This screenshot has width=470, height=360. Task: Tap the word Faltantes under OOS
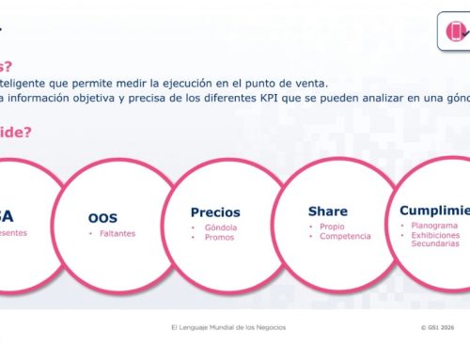(x=118, y=233)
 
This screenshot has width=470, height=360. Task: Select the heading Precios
(x=215, y=212)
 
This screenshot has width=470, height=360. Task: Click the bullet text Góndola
(x=221, y=227)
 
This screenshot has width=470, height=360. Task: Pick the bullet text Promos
(x=219, y=238)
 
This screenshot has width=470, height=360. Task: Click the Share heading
(x=327, y=211)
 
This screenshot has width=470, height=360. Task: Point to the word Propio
(x=331, y=227)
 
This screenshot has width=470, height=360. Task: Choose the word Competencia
(x=344, y=237)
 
